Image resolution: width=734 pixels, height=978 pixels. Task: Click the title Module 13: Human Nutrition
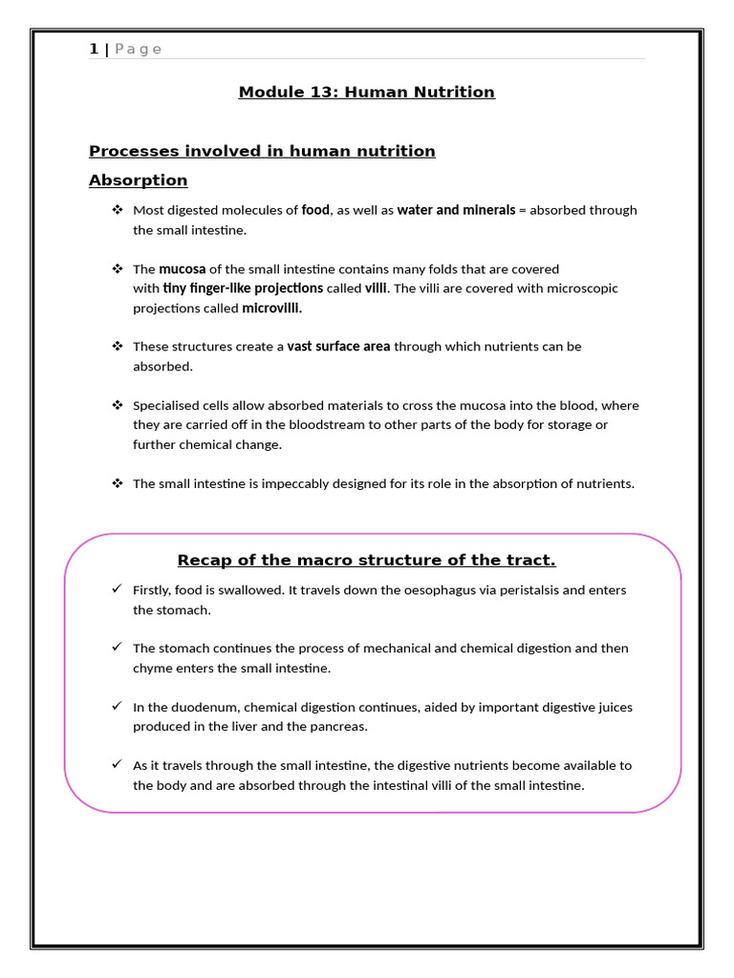[x=367, y=93]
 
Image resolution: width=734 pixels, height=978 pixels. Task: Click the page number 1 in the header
[x=94, y=49]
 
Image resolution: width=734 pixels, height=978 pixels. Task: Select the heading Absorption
[x=138, y=181]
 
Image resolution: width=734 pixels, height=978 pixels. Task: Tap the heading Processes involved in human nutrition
[x=262, y=151]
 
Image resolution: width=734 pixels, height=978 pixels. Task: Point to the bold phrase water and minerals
[x=456, y=210]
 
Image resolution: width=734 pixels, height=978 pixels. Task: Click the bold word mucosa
[x=183, y=269]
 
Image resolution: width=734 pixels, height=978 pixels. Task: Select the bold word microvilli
[x=271, y=308]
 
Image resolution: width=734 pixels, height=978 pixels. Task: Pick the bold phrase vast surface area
[x=338, y=347]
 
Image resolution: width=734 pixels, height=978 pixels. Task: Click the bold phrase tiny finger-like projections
[x=243, y=288]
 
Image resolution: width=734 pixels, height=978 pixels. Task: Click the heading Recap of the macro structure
[x=367, y=561]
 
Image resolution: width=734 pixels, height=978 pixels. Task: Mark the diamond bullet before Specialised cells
[x=118, y=405]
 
